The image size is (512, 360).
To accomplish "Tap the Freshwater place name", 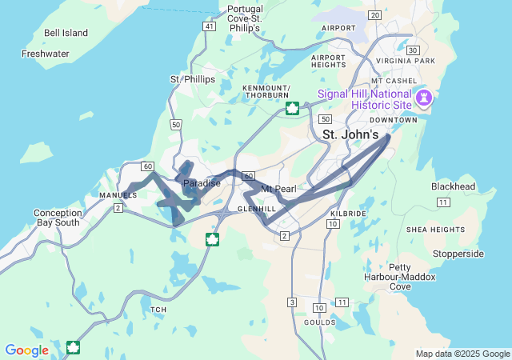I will tap(46, 54).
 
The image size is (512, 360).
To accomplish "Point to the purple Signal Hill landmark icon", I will tap(425, 98).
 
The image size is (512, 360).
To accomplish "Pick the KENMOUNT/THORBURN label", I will tap(266, 91).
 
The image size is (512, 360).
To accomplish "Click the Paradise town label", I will tap(202, 183).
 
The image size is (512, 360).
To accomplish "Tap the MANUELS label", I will tap(114, 195).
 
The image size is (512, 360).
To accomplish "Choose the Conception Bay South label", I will tap(58, 218).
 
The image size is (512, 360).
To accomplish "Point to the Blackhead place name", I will tap(454, 186).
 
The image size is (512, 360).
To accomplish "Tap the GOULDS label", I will tap(319, 322).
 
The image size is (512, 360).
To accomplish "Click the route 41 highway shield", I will tap(209, 26).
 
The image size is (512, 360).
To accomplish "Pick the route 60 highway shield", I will tap(147, 166).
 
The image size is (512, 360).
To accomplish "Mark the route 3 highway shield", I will tap(292, 302).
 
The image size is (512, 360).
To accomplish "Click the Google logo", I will tap(26, 350).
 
